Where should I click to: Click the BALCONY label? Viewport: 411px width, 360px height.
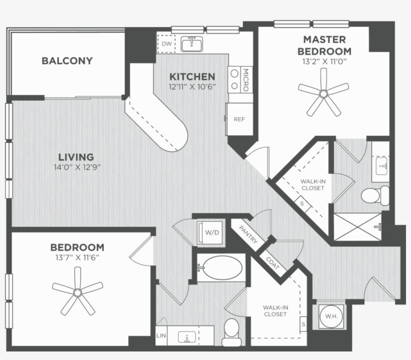[x=67, y=61]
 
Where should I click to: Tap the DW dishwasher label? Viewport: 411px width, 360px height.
[x=166, y=44]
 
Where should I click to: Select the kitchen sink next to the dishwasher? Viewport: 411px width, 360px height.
[x=191, y=45]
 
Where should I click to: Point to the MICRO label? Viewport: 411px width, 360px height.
[x=246, y=79]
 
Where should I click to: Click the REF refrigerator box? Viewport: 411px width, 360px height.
[x=239, y=119]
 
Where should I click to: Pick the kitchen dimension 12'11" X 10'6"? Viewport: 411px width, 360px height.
[x=192, y=86]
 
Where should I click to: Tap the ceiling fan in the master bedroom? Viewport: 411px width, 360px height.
[x=323, y=93]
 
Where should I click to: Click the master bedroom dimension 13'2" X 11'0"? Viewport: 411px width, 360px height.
[x=324, y=62]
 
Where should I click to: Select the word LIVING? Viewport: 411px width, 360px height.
[x=75, y=157]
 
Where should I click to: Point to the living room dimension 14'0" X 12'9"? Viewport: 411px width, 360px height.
[x=75, y=167]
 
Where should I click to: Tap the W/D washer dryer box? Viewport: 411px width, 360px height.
[x=211, y=233]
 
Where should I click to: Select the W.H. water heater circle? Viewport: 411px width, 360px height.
[x=330, y=316]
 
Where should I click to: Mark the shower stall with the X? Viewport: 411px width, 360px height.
[x=356, y=226]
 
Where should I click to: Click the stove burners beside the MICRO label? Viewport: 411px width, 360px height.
[x=234, y=79]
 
